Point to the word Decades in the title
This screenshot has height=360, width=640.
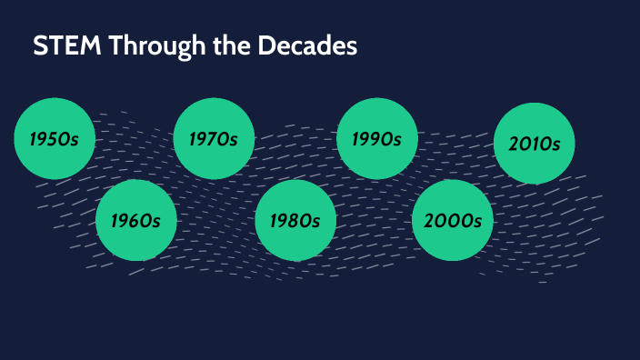point(310,47)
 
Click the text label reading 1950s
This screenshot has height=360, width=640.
point(55,140)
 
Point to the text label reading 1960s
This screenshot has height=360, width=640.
point(135,221)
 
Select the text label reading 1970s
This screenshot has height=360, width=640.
point(213,140)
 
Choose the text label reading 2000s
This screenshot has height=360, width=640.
point(452,221)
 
